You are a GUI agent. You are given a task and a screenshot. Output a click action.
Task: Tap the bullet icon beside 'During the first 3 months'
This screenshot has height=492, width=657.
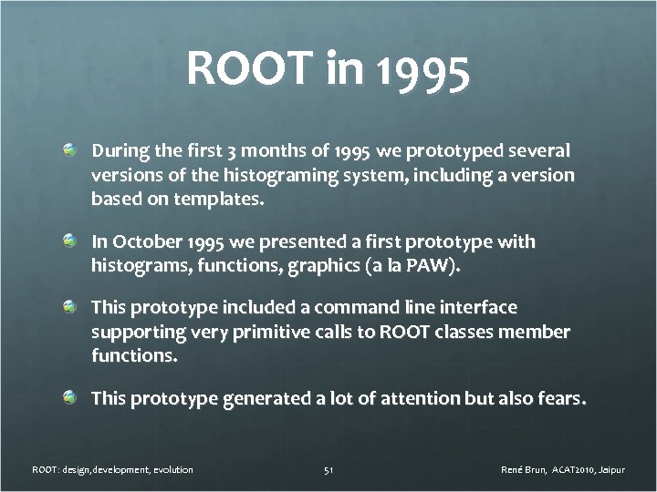click(x=69, y=149)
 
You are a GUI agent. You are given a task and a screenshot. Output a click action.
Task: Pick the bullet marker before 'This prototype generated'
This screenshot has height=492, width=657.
click(x=69, y=397)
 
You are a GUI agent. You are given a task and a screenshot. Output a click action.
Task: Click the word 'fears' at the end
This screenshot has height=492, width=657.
click(x=558, y=397)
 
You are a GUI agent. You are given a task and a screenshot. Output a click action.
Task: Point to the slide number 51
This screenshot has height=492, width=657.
click(x=328, y=470)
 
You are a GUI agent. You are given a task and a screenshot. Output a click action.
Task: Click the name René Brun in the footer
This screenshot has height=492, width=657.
click(x=526, y=470)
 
